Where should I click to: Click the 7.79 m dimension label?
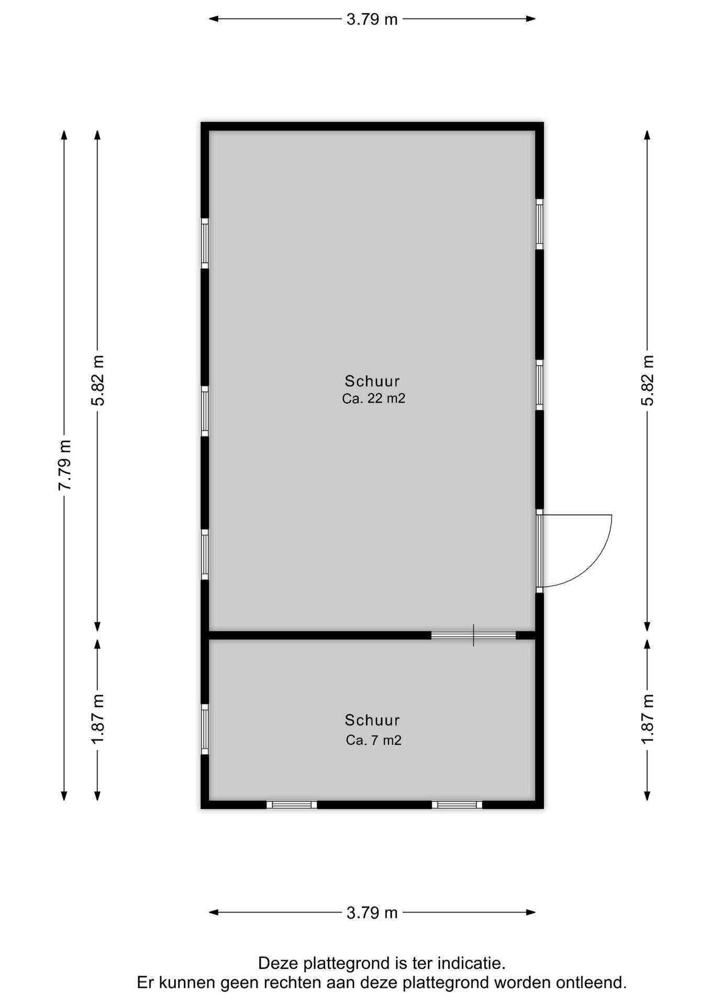[64, 465]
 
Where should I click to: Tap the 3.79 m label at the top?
[372, 19]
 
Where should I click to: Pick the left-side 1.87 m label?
[98, 718]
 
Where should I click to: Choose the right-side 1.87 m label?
[648, 718]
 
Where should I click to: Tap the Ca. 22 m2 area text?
[373, 398]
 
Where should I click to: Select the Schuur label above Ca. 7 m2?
[372, 720]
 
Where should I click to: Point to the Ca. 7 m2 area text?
[373, 740]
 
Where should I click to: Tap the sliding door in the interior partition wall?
[473, 635]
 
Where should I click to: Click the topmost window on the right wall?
[539, 224]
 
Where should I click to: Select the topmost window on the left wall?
[205, 243]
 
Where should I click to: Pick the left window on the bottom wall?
[292, 805]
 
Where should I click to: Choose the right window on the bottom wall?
[457, 805]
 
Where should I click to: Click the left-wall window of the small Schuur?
[205, 729]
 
